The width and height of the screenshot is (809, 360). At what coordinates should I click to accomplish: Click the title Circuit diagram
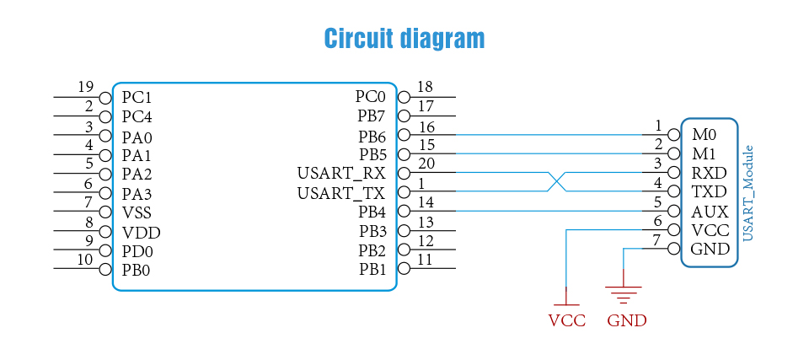point(404,39)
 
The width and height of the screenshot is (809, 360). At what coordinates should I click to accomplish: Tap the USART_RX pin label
point(340,174)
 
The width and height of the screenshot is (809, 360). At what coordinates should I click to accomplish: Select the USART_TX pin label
point(340,193)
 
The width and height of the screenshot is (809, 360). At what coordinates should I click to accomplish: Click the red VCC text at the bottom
point(566,321)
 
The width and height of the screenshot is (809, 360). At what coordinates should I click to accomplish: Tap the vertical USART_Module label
point(747,193)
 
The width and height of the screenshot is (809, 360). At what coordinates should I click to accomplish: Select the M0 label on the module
point(704,135)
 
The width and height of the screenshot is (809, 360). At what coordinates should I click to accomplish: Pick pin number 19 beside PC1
point(85,87)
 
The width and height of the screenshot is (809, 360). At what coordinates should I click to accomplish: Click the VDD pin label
point(141,233)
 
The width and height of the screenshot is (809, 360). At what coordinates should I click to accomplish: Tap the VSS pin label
point(139,213)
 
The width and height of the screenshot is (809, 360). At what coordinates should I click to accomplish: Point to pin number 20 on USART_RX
point(426,164)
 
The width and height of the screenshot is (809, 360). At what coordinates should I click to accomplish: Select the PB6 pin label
point(372,136)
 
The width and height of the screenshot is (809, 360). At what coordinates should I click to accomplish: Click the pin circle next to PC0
point(403,97)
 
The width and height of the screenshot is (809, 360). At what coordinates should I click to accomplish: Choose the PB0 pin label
point(137,271)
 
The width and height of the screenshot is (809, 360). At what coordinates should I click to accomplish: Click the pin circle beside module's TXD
point(672,191)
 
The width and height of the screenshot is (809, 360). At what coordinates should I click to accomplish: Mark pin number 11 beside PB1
point(426,260)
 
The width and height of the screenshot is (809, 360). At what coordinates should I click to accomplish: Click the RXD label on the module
point(709,173)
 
